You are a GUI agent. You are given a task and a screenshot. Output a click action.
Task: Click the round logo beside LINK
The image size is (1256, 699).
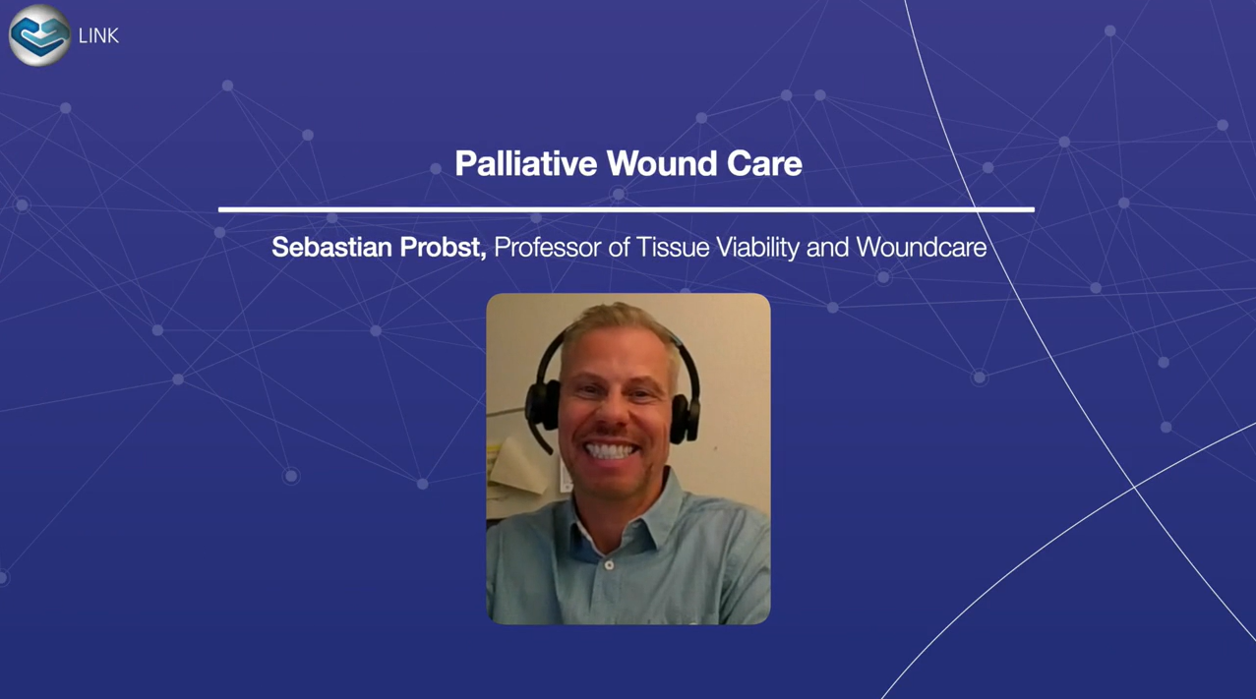(x=39, y=35)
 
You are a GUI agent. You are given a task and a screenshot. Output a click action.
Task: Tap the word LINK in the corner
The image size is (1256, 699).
(x=98, y=35)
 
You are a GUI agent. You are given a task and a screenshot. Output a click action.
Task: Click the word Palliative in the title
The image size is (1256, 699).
(x=526, y=163)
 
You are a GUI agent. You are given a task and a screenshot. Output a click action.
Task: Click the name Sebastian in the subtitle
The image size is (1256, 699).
(x=331, y=247)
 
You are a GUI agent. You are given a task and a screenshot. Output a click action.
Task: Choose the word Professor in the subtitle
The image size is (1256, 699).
(x=547, y=247)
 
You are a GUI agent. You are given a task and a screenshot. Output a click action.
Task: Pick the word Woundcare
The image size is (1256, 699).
(x=922, y=247)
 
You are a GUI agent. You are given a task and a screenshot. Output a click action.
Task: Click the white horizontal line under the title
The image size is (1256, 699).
(x=627, y=209)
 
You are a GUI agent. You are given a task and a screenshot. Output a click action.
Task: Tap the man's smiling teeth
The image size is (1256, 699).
(x=610, y=450)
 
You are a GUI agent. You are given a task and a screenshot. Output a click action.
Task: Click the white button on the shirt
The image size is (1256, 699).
(x=609, y=565)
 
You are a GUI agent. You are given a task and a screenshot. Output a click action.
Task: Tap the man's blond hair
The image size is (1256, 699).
(x=617, y=325)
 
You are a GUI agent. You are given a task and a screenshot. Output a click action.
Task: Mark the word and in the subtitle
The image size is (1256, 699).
(x=827, y=247)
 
